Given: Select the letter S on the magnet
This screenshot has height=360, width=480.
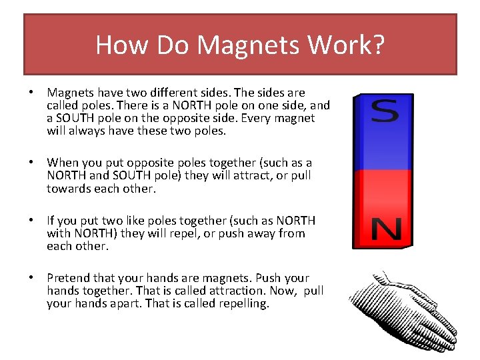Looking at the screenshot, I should coord(385,111).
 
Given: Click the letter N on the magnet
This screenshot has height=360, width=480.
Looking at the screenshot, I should coord(385,231).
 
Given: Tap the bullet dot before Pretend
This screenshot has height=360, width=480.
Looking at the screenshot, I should coord(31,278).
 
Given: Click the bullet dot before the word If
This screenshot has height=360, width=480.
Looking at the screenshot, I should coord(31,221).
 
